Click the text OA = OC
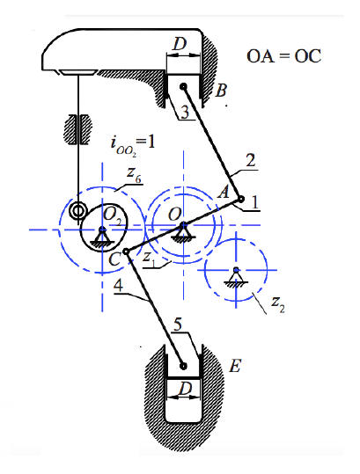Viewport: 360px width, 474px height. coord(284,57)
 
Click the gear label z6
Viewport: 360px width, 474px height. coord(132,177)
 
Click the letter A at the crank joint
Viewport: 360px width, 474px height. coord(224,192)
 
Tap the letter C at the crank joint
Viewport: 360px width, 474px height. coord(114,258)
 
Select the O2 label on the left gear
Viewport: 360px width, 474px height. coord(111,217)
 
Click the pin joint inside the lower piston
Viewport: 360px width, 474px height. coord(182,367)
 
